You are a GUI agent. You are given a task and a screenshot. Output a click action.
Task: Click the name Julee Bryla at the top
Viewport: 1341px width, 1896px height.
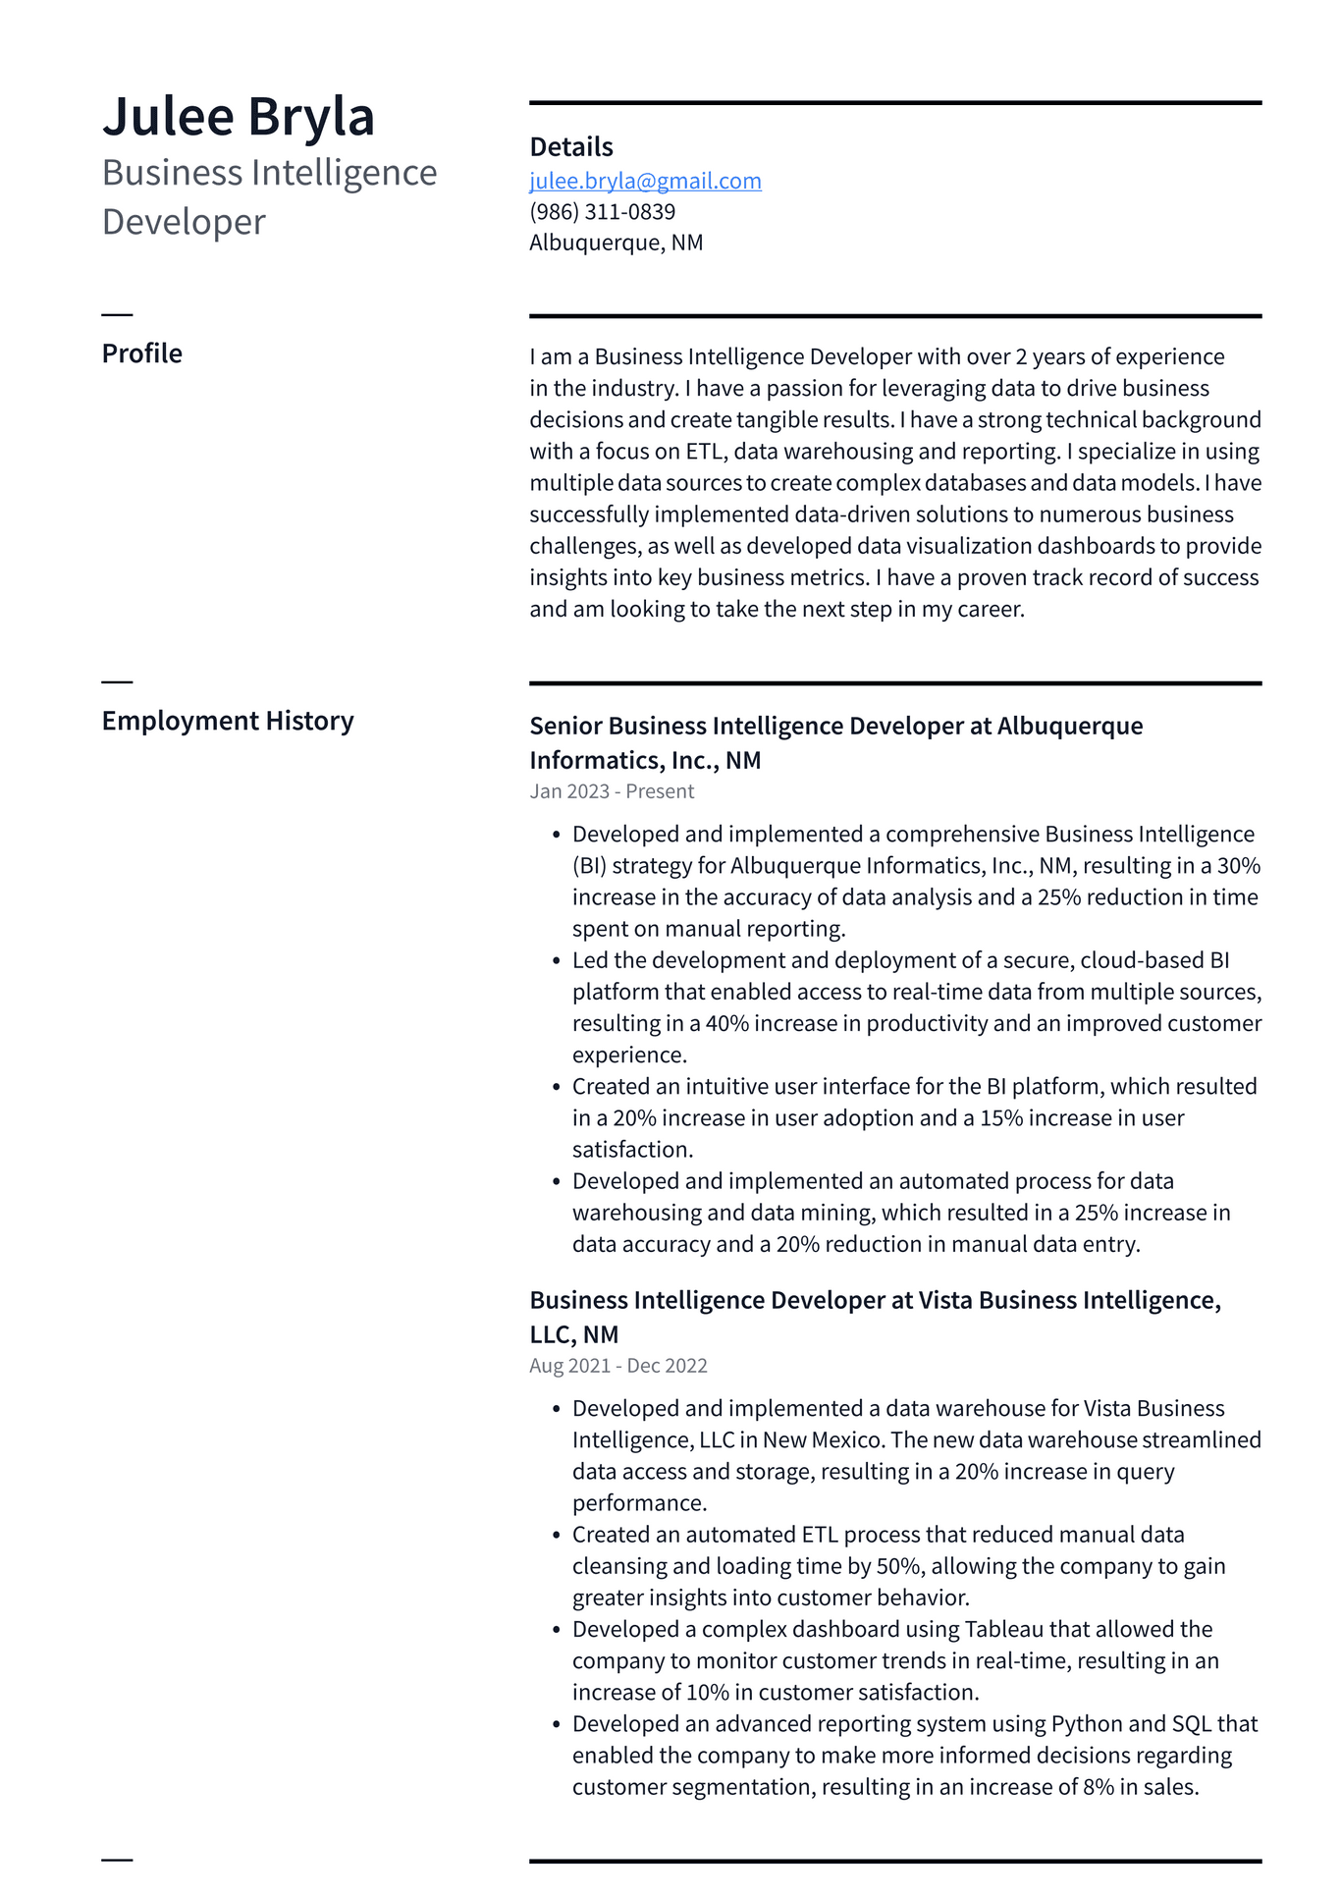point(239,116)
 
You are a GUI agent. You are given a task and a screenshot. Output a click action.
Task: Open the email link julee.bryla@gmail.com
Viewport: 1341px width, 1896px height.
point(645,181)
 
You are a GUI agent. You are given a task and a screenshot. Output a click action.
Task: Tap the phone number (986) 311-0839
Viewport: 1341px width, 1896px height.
point(602,211)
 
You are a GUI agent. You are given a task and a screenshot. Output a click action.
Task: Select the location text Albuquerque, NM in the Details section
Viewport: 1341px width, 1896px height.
point(616,243)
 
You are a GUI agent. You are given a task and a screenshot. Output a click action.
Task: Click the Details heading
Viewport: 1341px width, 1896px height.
point(570,147)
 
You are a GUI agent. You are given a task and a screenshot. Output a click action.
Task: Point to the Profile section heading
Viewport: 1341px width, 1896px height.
point(141,353)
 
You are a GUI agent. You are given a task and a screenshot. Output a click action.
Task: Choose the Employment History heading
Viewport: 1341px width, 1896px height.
point(227,721)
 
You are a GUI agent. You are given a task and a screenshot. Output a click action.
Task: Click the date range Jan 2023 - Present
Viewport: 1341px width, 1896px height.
point(611,791)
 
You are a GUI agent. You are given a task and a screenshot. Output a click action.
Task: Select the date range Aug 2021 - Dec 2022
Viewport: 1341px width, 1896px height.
point(617,1366)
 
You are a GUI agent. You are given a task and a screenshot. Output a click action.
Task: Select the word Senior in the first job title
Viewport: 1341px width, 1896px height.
point(565,727)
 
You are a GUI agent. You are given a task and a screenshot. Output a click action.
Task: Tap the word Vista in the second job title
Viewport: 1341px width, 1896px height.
point(945,1301)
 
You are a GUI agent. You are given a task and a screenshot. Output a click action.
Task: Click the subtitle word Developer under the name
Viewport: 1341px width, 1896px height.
point(184,222)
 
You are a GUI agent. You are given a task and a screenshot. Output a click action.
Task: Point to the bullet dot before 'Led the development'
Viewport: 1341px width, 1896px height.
point(556,961)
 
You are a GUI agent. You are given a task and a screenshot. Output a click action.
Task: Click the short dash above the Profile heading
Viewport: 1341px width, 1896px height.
point(117,314)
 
